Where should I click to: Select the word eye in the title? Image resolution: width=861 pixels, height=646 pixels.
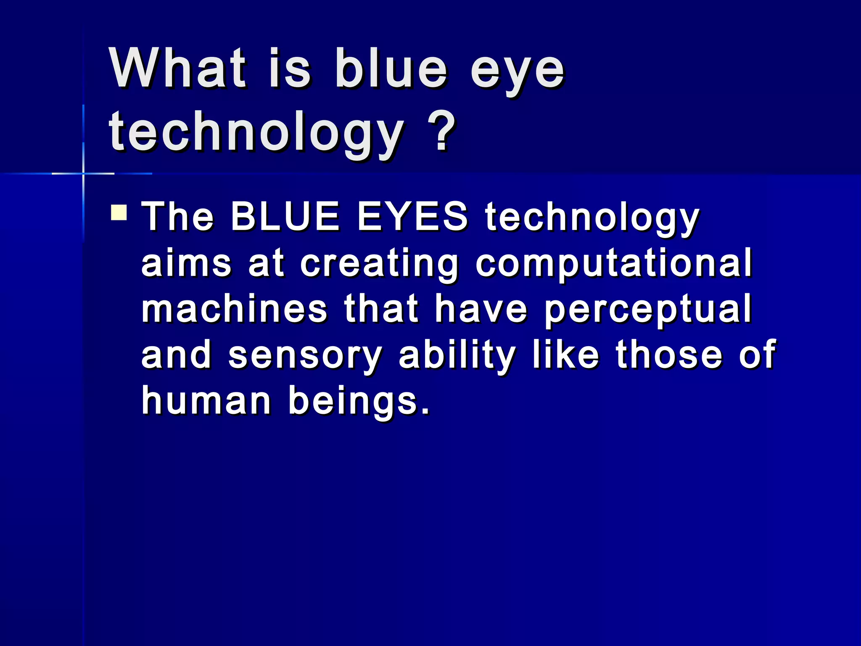click(x=517, y=71)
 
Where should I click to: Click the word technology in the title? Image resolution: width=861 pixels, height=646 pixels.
click(x=256, y=132)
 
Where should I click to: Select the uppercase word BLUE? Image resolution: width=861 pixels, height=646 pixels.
click(x=285, y=217)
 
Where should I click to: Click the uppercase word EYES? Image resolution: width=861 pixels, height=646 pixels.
click(x=412, y=217)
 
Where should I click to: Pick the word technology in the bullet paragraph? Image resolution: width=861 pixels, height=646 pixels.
click(x=592, y=219)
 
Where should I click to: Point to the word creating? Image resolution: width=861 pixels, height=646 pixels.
click(x=379, y=265)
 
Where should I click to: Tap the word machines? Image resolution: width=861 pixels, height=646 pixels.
click(x=234, y=309)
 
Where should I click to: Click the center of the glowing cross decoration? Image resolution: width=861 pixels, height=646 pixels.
click(x=83, y=173)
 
